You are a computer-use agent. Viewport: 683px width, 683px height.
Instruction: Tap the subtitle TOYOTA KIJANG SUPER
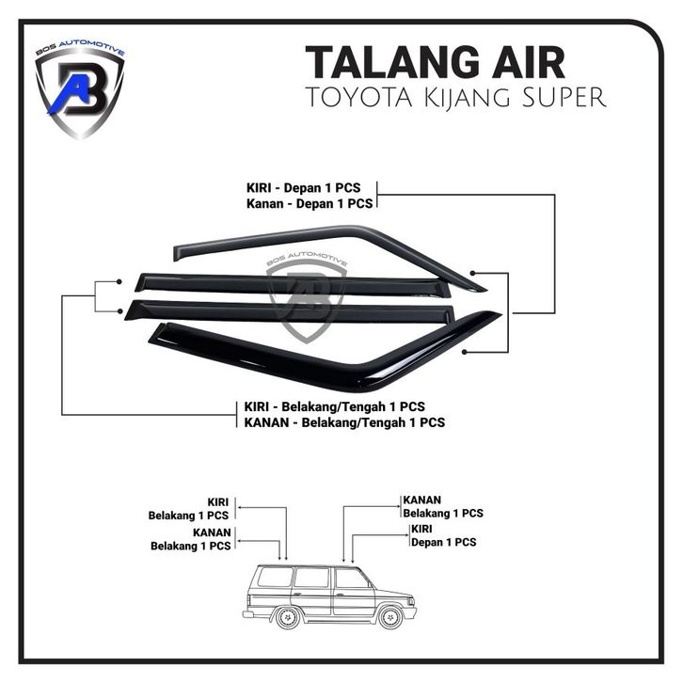pyautogui.click(x=456, y=97)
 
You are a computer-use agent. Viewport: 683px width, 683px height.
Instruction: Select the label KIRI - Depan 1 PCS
pyautogui.click(x=304, y=188)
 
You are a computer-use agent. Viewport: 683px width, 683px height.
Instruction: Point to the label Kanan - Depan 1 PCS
pyautogui.click(x=310, y=203)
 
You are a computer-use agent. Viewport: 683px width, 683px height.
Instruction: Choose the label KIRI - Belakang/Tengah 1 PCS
pyautogui.click(x=335, y=406)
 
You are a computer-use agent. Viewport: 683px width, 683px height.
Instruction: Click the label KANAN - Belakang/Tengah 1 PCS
pyautogui.click(x=344, y=422)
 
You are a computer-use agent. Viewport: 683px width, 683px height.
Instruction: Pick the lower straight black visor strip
pyautogui.click(x=290, y=311)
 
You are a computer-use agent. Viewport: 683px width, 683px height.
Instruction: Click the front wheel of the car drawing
pyautogui.click(x=390, y=616)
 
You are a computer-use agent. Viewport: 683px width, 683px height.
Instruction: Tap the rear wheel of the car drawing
pyautogui.click(x=288, y=617)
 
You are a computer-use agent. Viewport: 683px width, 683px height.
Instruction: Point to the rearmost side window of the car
pyautogui.click(x=275, y=578)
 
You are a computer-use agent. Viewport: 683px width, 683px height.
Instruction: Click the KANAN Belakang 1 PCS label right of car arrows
pyautogui.click(x=443, y=506)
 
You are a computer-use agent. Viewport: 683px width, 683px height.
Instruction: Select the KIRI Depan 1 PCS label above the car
pyautogui.click(x=443, y=535)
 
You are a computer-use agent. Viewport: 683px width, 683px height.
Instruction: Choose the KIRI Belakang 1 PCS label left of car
pyautogui.click(x=188, y=509)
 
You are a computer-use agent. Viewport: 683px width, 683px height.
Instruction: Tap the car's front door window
pyautogui.click(x=352, y=579)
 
